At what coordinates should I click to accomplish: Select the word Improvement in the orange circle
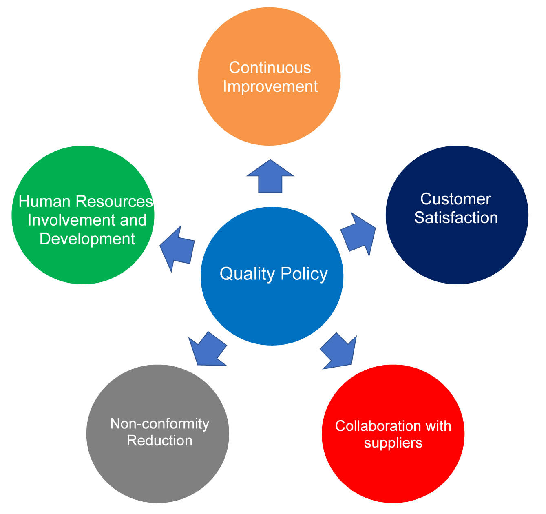[270, 86]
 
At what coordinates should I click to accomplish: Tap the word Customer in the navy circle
[455, 199]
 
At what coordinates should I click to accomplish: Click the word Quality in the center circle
[247, 274]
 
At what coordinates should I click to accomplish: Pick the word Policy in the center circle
[304, 274]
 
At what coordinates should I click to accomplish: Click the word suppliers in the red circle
[393, 443]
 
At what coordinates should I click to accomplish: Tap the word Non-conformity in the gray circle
[159, 424]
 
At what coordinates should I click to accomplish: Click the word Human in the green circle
[44, 202]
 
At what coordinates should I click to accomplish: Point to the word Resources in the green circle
[114, 202]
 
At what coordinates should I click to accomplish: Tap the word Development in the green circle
[87, 239]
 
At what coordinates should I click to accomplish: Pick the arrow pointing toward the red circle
[339, 351]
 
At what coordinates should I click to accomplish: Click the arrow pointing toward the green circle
[177, 248]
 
